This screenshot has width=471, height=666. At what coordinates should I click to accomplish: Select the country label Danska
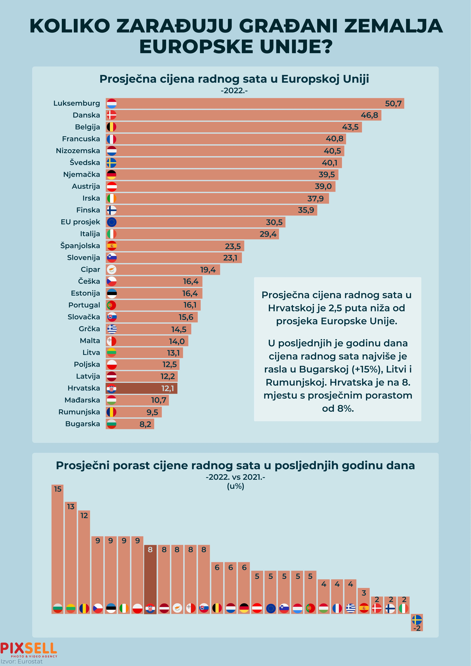[86, 115]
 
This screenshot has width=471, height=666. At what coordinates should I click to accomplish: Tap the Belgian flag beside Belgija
[111, 127]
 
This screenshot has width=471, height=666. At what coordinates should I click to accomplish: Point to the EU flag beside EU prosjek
[111, 222]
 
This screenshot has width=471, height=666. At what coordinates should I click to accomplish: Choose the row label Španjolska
[80, 246]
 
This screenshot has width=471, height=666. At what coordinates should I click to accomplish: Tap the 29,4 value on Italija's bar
[268, 234]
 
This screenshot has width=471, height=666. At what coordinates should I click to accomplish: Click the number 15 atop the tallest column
[58, 489]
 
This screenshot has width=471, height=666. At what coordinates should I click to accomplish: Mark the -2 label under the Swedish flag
[417, 628]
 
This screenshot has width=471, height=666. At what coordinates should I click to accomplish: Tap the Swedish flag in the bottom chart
[417, 620]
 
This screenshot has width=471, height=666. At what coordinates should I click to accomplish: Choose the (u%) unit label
[235, 486]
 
